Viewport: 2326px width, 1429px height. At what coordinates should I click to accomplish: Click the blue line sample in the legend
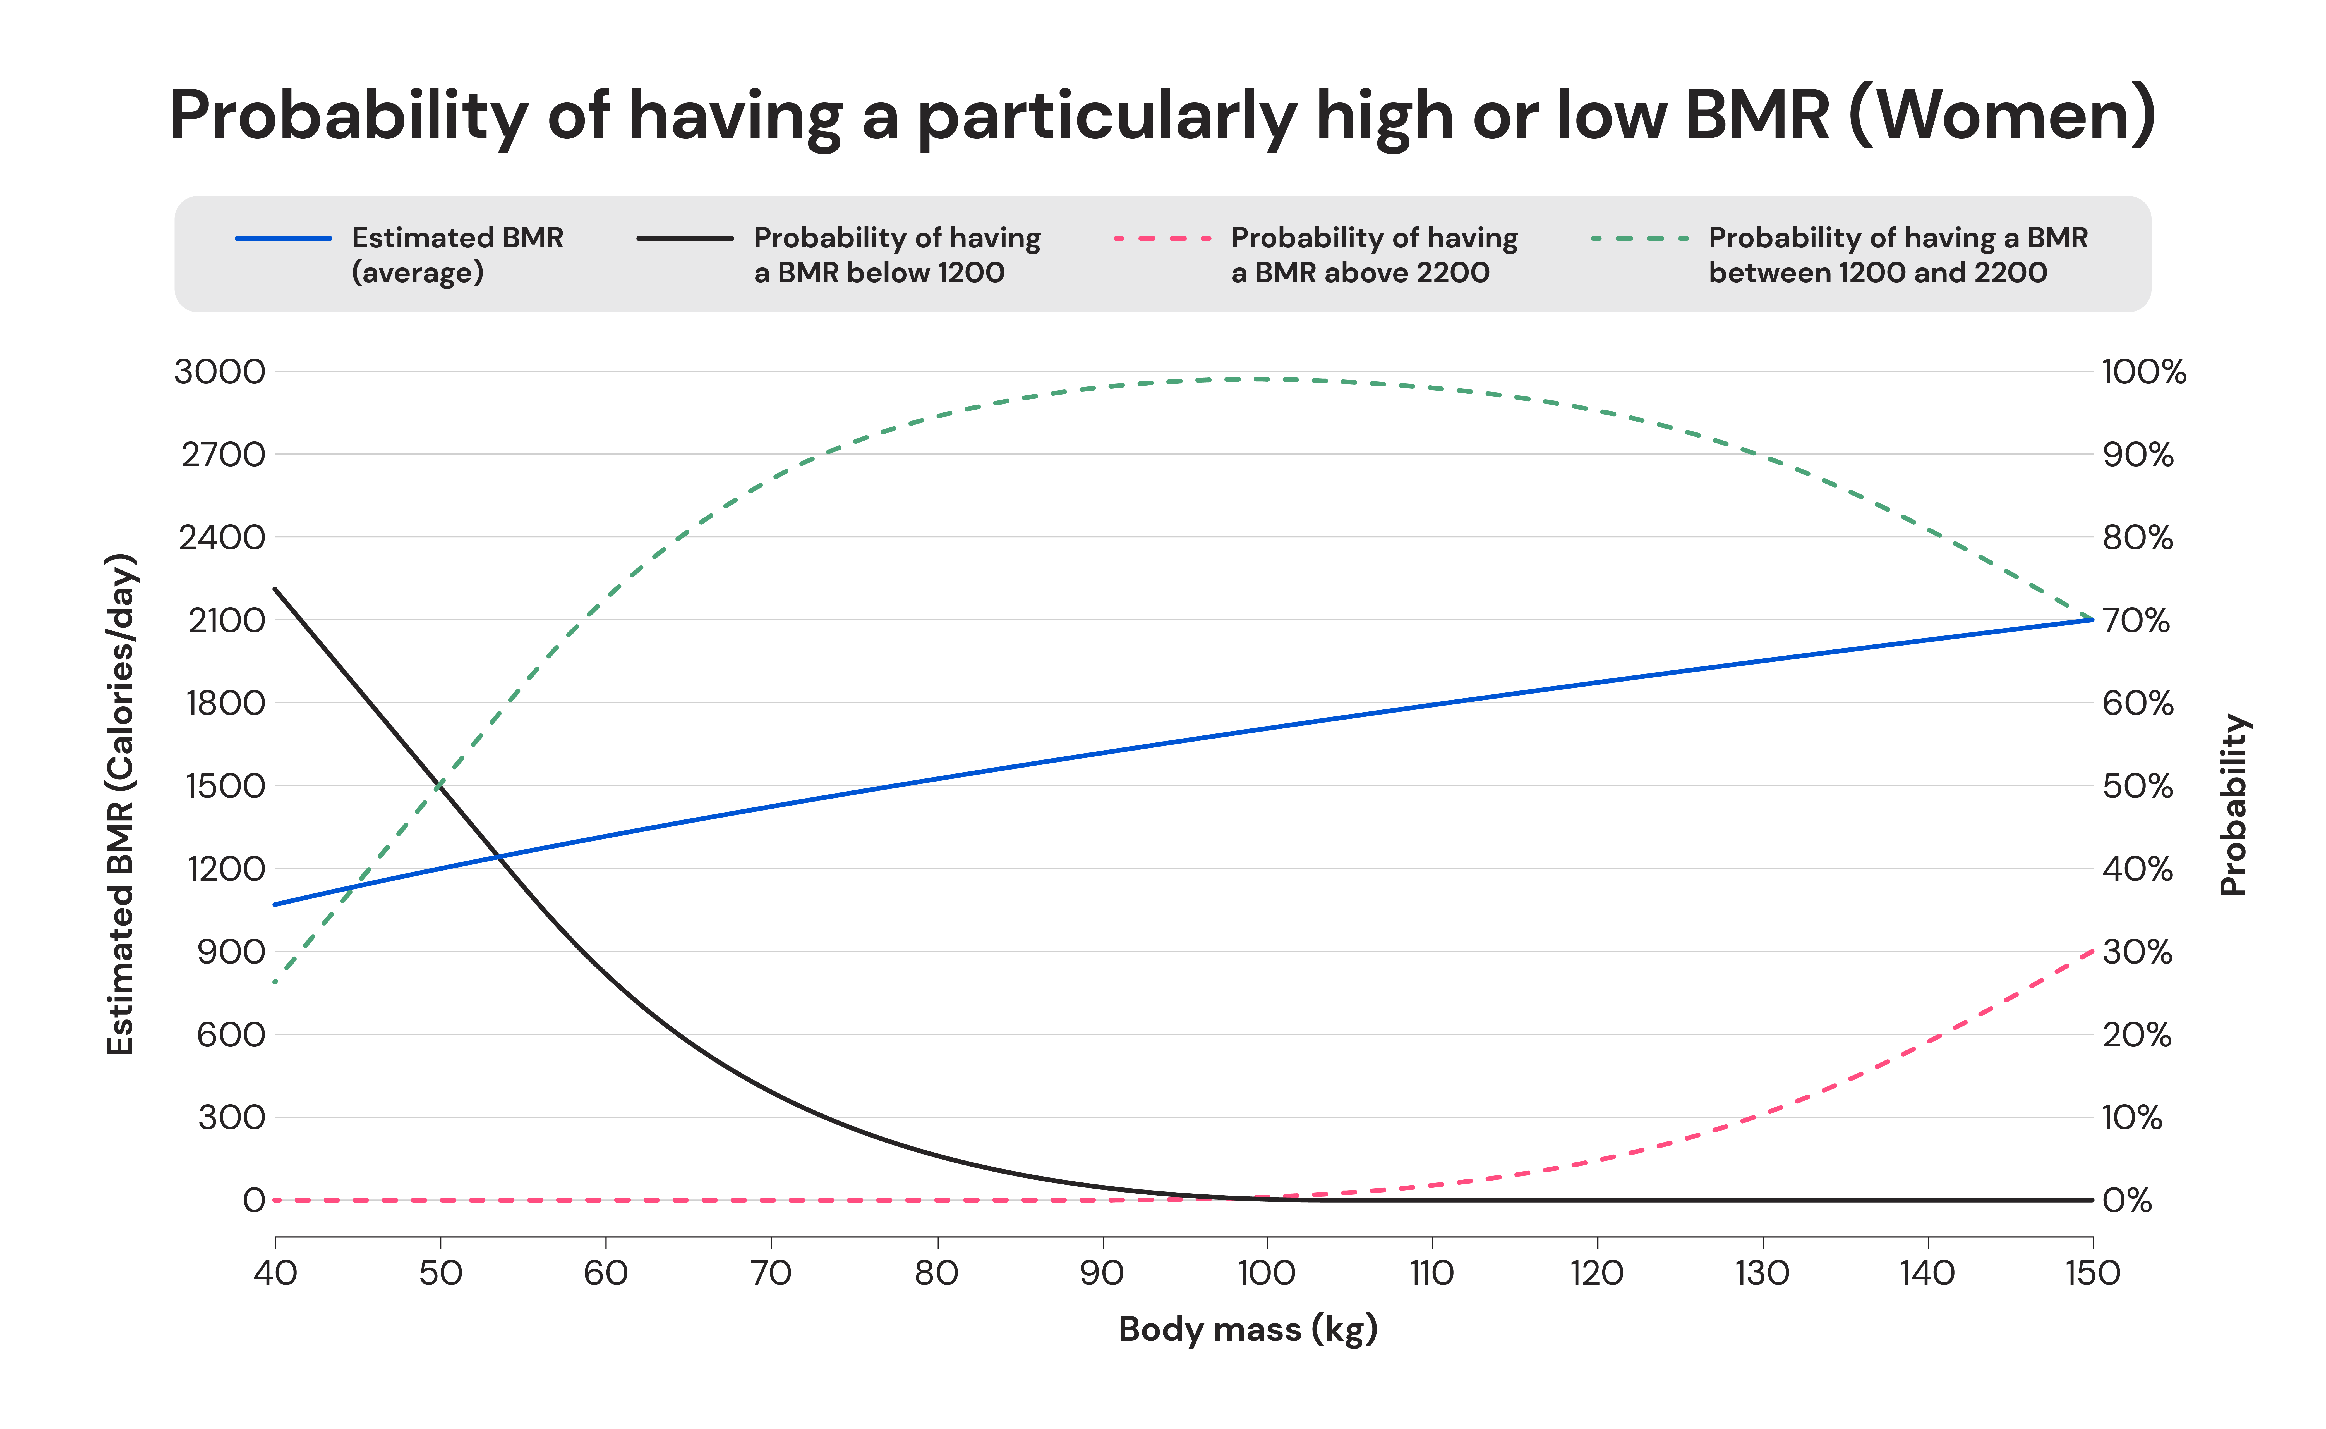click(284, 238)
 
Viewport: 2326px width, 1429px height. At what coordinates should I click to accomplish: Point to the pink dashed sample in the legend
click(1162, 238)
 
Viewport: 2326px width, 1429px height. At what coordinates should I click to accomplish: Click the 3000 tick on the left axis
click(219, 371)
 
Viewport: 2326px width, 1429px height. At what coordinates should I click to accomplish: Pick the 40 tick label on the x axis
click(275, 1273)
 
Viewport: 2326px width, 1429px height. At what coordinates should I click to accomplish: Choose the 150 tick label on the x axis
click(2093, 1273)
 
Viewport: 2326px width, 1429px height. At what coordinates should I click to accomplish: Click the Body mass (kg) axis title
click(1247, 1329)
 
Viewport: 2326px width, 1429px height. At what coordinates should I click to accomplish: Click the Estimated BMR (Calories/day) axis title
click(121, 804)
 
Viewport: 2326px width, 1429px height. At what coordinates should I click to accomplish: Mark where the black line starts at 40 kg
click(275, 588)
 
